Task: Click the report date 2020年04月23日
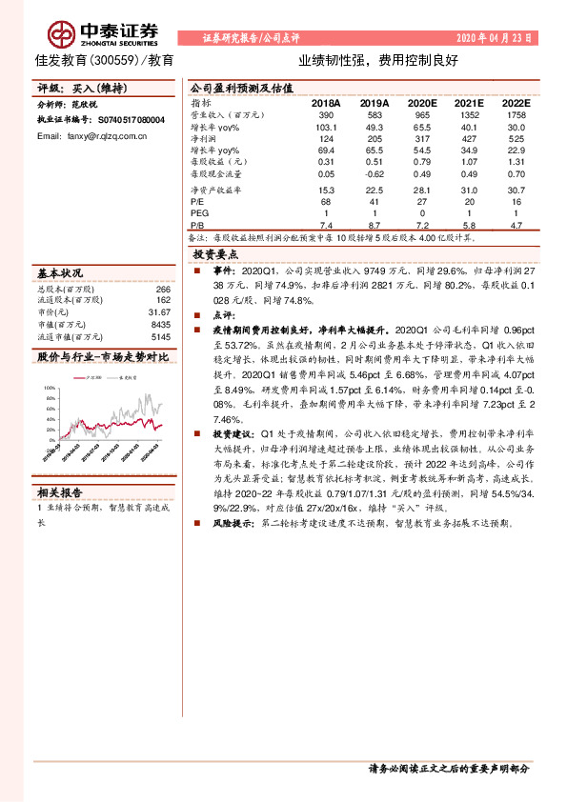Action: [x=494, y=38]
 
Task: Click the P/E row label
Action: [x=198, y=201]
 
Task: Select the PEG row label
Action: [x=200, y=213]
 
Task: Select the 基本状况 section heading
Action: [x=60, y=272]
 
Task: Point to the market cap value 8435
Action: [x=160, y=324]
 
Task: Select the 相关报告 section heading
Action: [x=60, y=491]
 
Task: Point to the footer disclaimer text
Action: [x=447, y=769]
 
